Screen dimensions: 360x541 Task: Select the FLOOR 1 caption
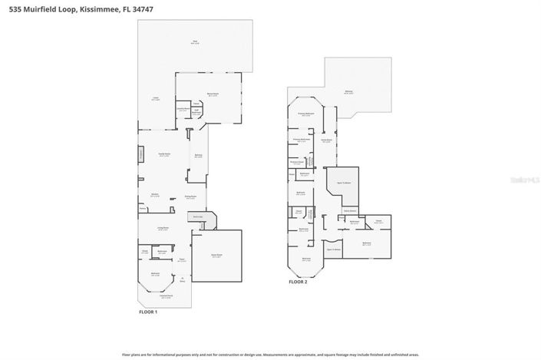click(147, 312)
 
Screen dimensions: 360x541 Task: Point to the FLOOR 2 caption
click(298, 282)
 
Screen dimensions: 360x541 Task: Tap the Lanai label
click(155, 99)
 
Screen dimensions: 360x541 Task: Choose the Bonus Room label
click(213, 94)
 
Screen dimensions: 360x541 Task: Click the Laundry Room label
click(183, 109)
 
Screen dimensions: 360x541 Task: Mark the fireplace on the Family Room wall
click(140, 155)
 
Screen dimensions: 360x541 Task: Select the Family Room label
click(164, 154)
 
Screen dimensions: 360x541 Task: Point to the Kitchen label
click(154, 195)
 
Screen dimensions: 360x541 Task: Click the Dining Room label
click(190, 197)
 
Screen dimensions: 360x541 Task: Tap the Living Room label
click(163, 228)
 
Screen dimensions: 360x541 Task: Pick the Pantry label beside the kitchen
click(143, 209)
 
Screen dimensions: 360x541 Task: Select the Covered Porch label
click(165, 296)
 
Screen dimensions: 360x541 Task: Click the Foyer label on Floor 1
click(182, 261)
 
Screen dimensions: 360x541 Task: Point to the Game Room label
click(326, 140)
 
